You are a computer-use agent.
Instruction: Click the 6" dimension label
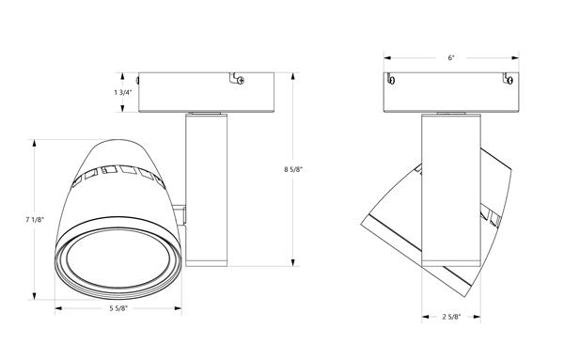[x=451, y=58]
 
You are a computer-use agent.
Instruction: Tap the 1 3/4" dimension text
[x=123, y=92]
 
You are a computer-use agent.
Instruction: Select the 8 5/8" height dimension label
[x=293, y=169]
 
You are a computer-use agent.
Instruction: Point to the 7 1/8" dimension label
[x=35, y=220]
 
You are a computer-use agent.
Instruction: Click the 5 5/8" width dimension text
[x=118, y=308]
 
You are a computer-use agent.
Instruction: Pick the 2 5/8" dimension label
[x=451, y=317]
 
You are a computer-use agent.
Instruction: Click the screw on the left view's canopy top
[x=241, y=81]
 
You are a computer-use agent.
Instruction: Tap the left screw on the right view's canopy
[x=392, y=80]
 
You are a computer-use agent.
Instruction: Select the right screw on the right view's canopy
[x=509, y=80]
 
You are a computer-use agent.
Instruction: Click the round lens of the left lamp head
[x=118, y=258]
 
